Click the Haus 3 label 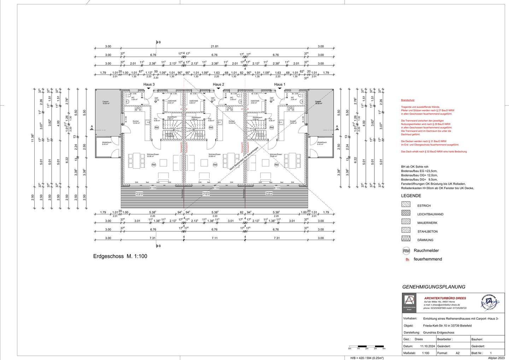pyautogui.click(x=149, y=85)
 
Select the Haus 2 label pyautogui.click(x=218, y=85)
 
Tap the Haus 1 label pyautogui.click(x=279, y=85)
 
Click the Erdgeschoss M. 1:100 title pyautogui.click(x=120, y=256)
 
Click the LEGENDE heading pyautogui.click(x=411, y=196)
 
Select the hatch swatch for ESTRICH pyautogui.click(x=406, y=205)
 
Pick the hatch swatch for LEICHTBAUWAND pyautogui.click(x=406, y=213)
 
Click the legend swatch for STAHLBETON pyautogui.click(x=406, y=231)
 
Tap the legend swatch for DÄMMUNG pyautogui.click(x=406, y=239)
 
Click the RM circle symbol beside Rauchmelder pyautogui.click(x=406, y=251)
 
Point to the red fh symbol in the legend pyautogui.click(x=407, y=260)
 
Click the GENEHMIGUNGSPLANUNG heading pyautogui.click(x=434, y=287)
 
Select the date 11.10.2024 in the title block pyautogui.click(x=427, y=346)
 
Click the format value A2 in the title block pyautogui.click(x=458, y=353)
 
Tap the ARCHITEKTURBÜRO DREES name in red pyautogui.click(x=445, y=298)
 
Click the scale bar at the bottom pyautogui.click(x=367, y=346)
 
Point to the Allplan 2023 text pyautogui.click(x=497, y=358)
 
